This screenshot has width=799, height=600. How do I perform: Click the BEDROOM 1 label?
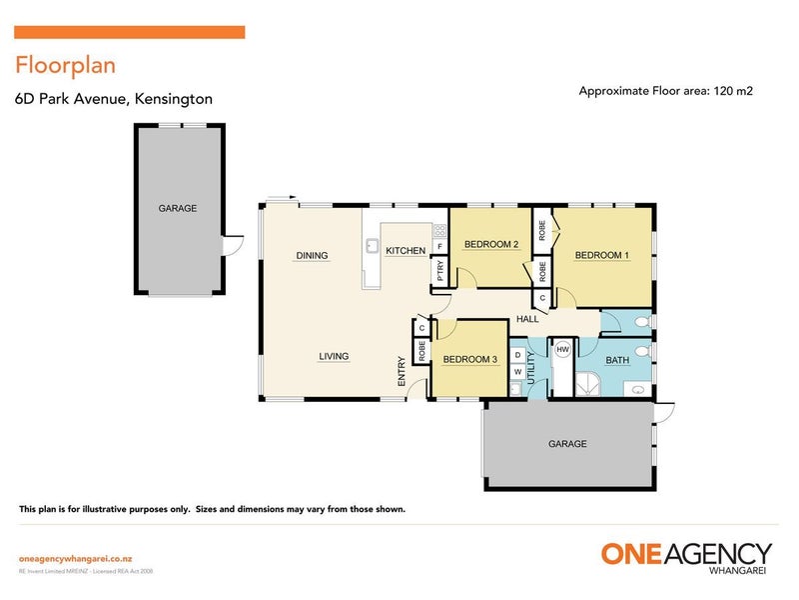pyautogui.click(x=601, y=255)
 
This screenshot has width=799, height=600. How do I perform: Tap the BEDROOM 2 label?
pyautogui.click(x=490, y=245)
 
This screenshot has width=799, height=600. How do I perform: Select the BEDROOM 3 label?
pyautogui.click(x=469, y=360)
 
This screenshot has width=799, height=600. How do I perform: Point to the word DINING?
pyautogui.click(x=312, y=256)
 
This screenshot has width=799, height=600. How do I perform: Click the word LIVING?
pyautogui.click(x=334, y=356)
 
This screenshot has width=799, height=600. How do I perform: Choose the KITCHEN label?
pyautogui.click(x=405, y=250)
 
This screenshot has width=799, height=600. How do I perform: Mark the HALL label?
pyautogui.click(x=527, y=320)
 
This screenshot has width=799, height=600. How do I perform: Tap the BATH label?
pyautogui.click(x=616, y=360)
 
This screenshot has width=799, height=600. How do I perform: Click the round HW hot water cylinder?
pyautogui.click(x=562, y=349)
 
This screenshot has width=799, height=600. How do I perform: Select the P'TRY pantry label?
pyautogui.click(x=438, y=271)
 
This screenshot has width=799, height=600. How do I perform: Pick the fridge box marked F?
pyautogui.click(x=439, y=246)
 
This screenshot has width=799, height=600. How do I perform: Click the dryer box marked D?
pyautogui.click(x=517, y=354)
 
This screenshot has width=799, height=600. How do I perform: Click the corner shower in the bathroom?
pyautogui.click(x=589, y=384)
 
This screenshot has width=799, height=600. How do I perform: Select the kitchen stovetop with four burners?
pyautogui.click(x=438, y=231)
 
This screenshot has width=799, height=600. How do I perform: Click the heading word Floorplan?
pyautogui.click(x=65, y=66)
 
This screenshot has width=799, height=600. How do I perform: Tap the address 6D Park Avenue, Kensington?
pyautogui.click(x=113, y=99)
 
